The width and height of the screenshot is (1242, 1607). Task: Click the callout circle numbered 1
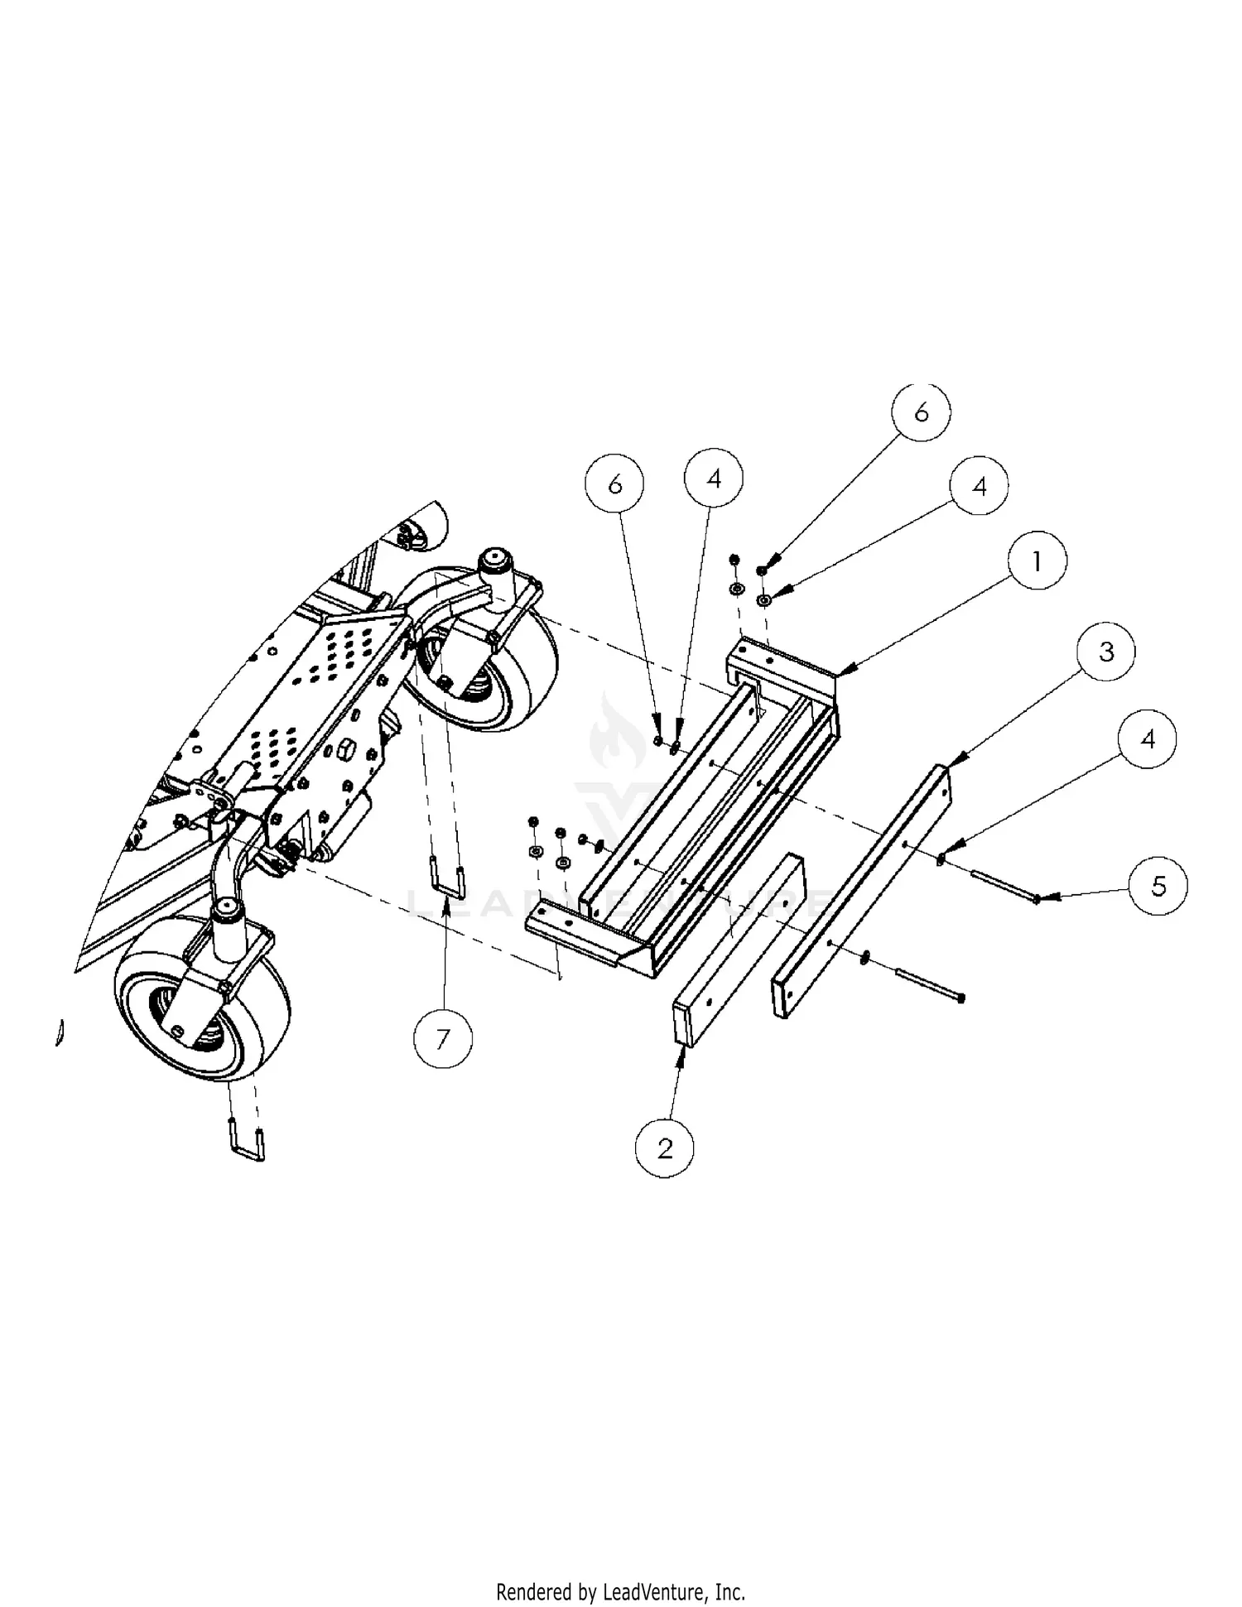pyautogui.click(x=1037, y=561)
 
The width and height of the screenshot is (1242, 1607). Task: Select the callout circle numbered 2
pyautogui.click(x=665, y=1148)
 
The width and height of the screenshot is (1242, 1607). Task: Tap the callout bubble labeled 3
pyautogui.click(x=1106, y=652)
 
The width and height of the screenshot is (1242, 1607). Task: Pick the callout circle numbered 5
pyautogui.click(x=1158, y=886)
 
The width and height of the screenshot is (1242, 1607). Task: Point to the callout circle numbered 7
pyautogui.click(x=443, y=1038)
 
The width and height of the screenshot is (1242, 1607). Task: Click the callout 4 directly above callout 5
pyautogui.click(x=1148, y=739)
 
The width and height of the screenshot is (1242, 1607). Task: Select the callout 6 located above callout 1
pyautogui.click(x=921, y=411)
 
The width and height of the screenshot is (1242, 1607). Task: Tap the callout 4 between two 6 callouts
pyautogui.click(x=714, y=478)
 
